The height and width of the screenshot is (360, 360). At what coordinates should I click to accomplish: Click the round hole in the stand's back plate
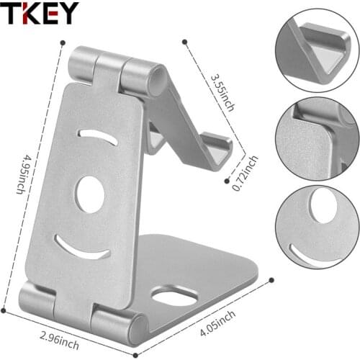tap(91, 194)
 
